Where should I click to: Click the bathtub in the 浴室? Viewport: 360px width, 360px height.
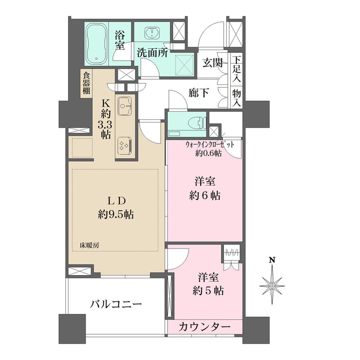coord(100,44)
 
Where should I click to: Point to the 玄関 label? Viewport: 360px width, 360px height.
coord(213,62)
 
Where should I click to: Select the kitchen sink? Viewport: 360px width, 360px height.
coord(124,105)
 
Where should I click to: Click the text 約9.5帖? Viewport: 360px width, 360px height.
coord(115,214)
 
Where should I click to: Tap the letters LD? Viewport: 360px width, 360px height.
coord(115,200)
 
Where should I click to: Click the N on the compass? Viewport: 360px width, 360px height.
coord(272,260)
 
